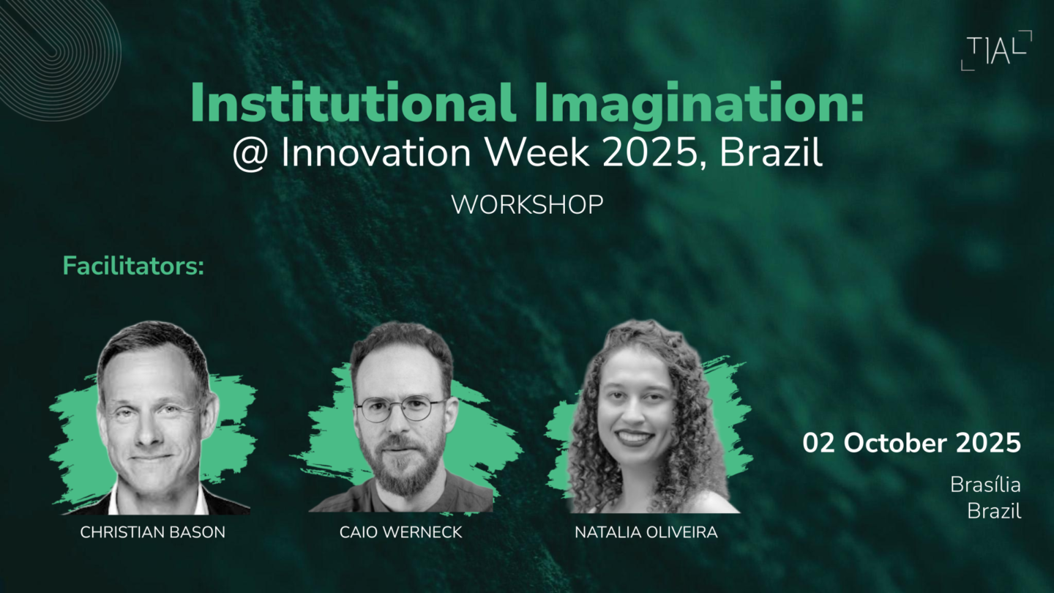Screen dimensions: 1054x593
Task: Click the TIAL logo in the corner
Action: coord(996,51)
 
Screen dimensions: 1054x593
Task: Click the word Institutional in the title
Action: coord(354,103)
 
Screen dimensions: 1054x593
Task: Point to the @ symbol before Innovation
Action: coord(250,154)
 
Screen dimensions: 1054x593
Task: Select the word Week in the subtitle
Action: coord(537,152)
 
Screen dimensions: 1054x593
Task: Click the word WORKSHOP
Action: coord(527,205)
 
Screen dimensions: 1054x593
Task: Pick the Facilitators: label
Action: coord(133,266)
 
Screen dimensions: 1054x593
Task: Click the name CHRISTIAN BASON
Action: coord(152,532)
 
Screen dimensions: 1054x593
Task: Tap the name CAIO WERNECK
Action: coord(400,532)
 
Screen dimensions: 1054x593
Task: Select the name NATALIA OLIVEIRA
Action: coord(646,532)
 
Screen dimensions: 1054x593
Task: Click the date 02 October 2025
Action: coord(911,444)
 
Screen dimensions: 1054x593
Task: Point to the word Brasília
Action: coord(985,485)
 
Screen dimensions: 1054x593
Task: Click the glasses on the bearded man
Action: coord(402,409)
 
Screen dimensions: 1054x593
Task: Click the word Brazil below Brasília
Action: coord(994,511)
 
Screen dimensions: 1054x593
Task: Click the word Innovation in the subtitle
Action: coord(375,152)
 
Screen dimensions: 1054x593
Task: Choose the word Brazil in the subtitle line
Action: coord(771,152)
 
